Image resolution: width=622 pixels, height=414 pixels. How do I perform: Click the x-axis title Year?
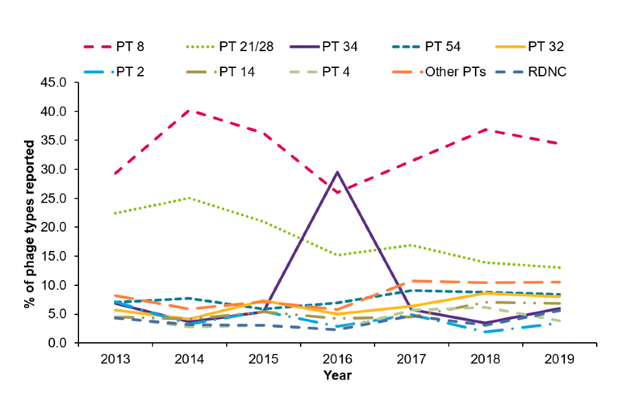pyautogui.click(x=337, y=375)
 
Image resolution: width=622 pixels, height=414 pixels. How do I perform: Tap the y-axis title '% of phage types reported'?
pyautogui.click(x=29, y=213)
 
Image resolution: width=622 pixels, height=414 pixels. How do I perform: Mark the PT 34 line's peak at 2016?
pyautogui.click(x=337, y=172)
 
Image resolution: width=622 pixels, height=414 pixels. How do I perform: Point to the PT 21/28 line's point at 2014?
pyautogui.click(x=189, y=198)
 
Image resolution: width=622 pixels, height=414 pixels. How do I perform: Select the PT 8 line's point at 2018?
pyautogui.click(x=485, y=129)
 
